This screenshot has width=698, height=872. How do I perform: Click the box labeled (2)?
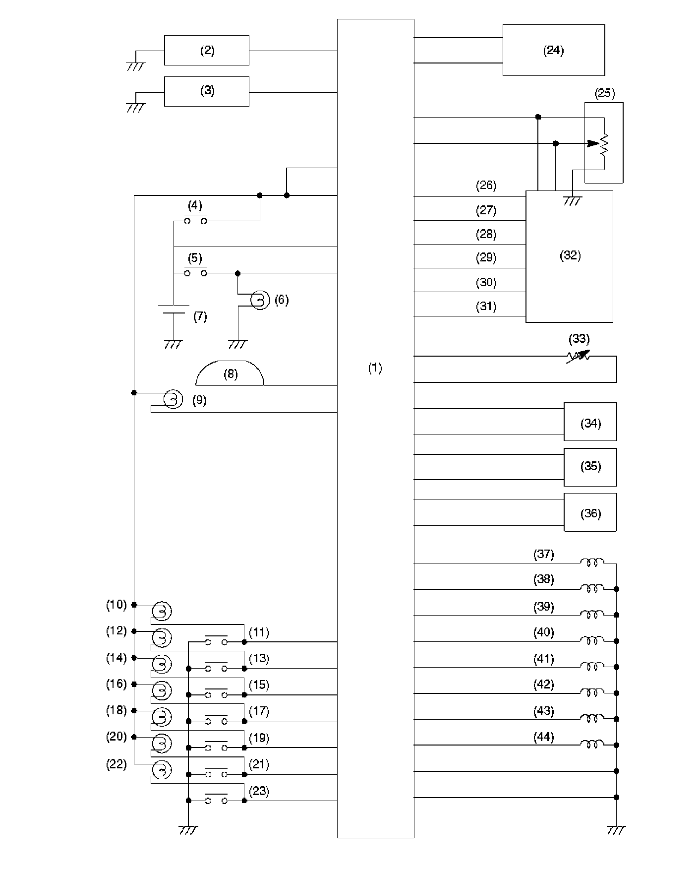tap(206, 50)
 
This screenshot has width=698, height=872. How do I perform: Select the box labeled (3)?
tap(206, 91)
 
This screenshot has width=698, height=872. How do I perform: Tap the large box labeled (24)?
tap(553, 50)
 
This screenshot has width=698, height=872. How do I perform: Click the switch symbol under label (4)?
tap(195, 221)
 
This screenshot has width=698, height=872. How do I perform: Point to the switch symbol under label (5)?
tap(195, 273)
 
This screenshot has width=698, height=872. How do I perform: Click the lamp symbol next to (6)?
tap(260, 300)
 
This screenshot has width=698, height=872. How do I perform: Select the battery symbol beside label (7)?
tap(174, 309)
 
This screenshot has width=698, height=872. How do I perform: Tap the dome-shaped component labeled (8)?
tap(230, 374)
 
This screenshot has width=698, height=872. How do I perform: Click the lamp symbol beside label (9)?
tap(173, 399)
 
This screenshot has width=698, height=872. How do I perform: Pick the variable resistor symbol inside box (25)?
tap(603, 144)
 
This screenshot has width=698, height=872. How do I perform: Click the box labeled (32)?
tap(569, 256)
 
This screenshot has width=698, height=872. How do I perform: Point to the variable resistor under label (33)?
tap(578, 356)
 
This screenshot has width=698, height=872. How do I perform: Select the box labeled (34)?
tap(590, 422)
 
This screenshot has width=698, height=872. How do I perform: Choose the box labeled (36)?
tap(590, 512)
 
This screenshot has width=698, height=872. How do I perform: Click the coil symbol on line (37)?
tap(592, 562)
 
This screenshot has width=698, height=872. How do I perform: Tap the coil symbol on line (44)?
tap(592, 744)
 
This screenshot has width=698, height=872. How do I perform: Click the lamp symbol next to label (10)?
tap(162, 611)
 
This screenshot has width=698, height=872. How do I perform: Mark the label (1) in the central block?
tap(375, 368)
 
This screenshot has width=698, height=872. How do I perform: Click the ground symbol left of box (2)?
tap(135, 65)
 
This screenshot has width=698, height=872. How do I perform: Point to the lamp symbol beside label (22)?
tap(162, 769)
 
